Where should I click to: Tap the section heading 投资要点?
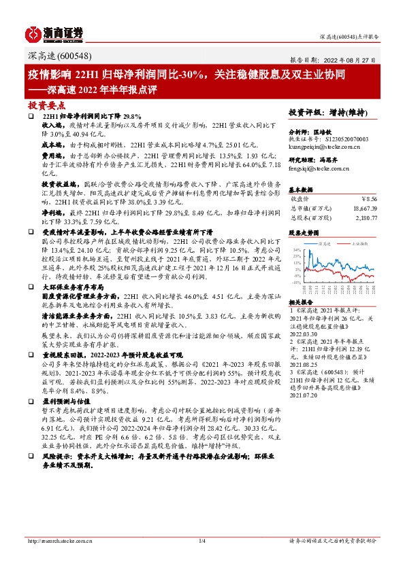45,105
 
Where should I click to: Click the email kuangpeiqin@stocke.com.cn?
325,145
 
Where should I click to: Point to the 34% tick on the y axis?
295,249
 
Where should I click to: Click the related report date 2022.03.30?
304,334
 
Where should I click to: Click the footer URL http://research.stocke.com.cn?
58,541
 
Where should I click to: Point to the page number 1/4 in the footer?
202,541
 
